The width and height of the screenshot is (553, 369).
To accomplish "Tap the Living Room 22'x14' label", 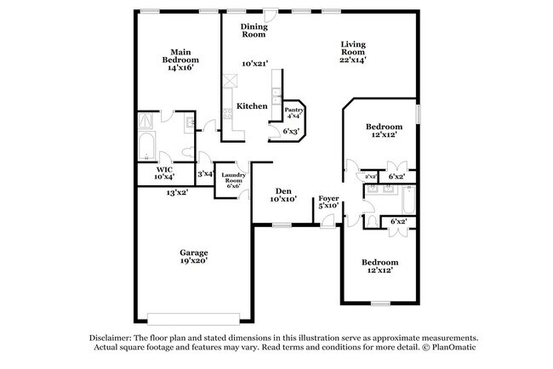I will click(x=353, y=53).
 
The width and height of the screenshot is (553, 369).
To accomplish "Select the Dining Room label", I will click(x=253, y=31).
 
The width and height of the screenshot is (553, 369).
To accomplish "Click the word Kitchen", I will click(x=252, y=106).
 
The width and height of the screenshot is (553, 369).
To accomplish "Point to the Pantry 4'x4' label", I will click(x=294, y=113).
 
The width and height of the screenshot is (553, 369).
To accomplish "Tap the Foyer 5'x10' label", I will click(x=328, y=202).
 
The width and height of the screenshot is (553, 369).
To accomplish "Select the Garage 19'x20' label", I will click(x=193, y=256).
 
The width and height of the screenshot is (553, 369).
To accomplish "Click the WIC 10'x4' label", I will click(x=164, y=173).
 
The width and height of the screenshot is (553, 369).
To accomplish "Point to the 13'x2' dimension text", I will click(x=177, y=193).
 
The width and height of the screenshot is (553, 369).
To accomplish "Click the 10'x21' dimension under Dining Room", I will click(x=254, y=64).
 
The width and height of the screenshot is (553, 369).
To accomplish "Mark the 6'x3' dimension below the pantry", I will click(x=290, y=132).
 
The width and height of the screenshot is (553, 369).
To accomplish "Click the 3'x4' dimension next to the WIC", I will click(x=204, y=173).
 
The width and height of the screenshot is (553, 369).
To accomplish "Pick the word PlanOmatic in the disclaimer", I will click(x=458, y=348).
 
